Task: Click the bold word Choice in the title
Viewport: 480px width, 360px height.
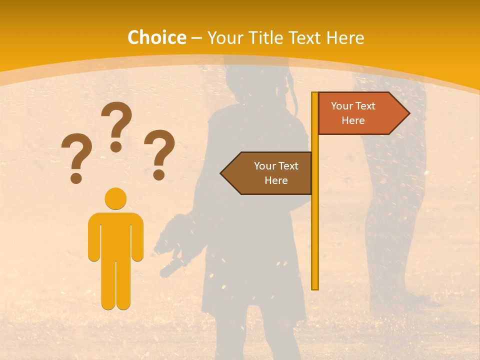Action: pos(156,37)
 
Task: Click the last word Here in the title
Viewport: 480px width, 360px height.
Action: pos(345,37)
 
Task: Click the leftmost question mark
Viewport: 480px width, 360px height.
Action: pos(76,156)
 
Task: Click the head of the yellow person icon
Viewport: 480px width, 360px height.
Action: pos(115,198)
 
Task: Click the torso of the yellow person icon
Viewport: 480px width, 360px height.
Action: pos(115,235)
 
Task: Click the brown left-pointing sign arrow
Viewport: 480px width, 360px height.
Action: pos(267,173)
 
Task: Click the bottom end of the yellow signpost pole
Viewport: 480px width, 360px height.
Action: pos(315,287)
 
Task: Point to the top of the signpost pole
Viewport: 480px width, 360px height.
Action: pos(315,94)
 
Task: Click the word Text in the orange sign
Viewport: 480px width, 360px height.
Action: pos(365,106)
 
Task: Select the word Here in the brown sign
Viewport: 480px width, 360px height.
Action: pos(276,180)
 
